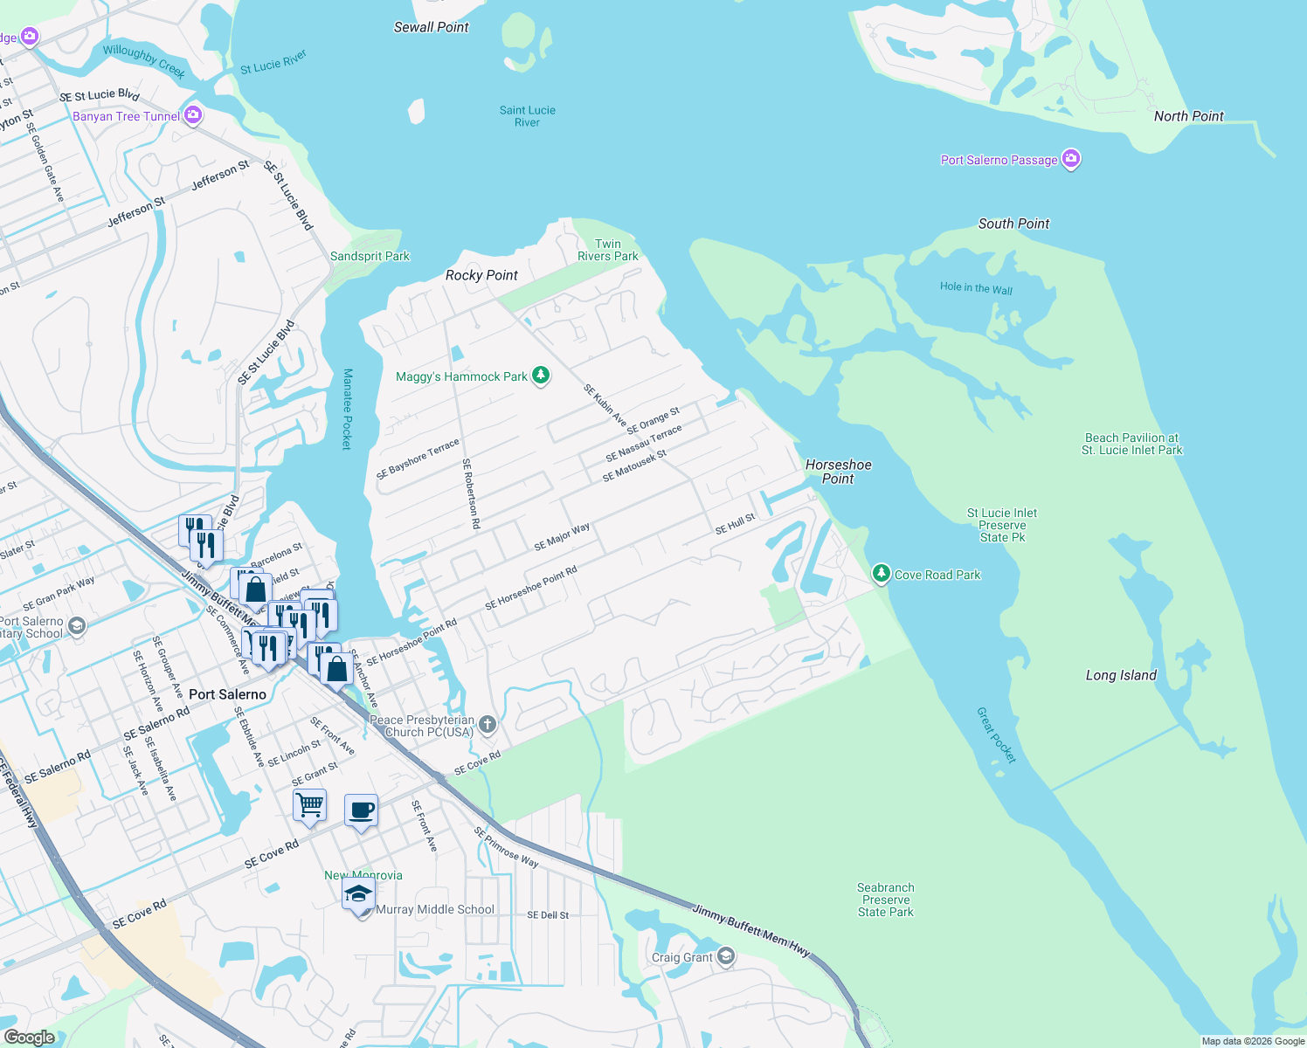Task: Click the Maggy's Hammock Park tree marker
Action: coord(541,376)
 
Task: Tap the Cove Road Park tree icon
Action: coord(881,574)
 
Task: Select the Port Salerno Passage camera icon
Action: coord(1071,159)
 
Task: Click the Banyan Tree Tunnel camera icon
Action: coord(193,115)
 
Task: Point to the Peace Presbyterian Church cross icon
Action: coord(488,724)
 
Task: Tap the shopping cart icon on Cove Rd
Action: coord(309,805)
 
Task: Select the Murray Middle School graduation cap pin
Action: coord(358,895)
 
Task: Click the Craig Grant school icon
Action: coord(726,957)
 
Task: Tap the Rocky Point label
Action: coord(481,275)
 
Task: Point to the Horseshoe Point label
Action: coord(838,472)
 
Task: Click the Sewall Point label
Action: coord(431,27)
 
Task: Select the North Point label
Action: coord(1188,116)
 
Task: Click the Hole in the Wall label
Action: coord(976,288)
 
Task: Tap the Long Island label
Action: coord(1121,675)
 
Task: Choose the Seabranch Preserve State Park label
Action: coord(885,900)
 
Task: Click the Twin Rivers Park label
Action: coord(607,250)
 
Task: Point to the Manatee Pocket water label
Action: coord(347,409)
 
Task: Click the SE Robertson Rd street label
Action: coord(471,493)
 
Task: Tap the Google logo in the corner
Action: coord(29,1037)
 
